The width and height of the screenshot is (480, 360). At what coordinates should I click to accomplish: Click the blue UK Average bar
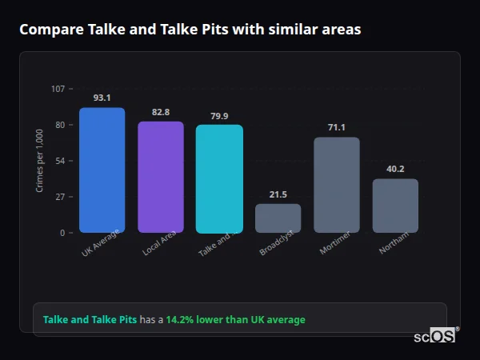coord(102,170)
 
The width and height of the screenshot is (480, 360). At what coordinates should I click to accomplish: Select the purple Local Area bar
coord(161,177)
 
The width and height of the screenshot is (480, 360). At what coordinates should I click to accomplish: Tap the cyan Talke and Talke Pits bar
coord(219,179)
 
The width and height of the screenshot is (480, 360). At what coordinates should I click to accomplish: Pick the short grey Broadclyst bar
coord(278,218)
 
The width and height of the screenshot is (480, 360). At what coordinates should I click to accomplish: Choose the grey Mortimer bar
coord(337,185)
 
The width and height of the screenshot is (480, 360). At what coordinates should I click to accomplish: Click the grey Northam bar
coord(395,206)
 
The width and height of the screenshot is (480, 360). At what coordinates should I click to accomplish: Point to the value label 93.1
coord(102,98)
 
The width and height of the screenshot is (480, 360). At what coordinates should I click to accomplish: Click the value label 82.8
coord(161,112)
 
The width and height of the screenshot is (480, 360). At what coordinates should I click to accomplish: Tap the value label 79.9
coord(219,116)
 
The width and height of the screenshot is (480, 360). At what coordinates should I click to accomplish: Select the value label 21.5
coord(278,194)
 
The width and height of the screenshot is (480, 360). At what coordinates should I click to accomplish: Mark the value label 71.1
coord(337,127)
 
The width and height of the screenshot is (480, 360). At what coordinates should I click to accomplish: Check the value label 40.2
coord(395,169)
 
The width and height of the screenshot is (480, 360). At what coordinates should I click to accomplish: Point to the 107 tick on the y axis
coord(58,89)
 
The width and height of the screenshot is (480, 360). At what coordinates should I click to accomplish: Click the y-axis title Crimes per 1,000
coord(39,161)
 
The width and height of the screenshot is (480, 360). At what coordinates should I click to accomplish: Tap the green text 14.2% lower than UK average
coord(235,320)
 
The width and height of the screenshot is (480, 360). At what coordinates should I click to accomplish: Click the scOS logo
coord(435,336)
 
